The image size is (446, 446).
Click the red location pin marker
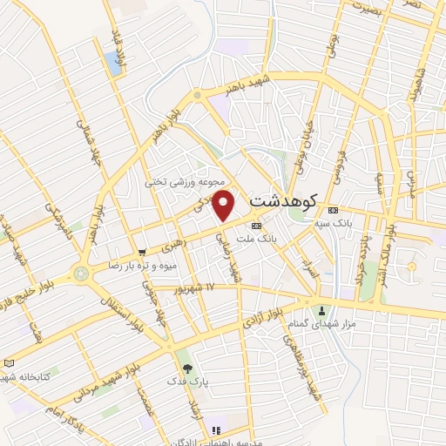225,206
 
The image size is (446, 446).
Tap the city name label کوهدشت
282,200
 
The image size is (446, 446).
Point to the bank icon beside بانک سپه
332,211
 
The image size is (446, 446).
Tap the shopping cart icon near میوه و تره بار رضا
141,253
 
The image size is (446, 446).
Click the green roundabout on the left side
82,273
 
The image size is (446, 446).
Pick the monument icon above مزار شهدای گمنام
321,311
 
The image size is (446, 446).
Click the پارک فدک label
184,382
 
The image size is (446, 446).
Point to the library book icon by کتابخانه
10,362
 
